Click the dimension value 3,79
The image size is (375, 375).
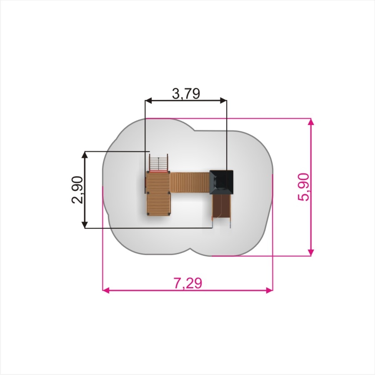[186, 93]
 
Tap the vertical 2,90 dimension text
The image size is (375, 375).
[77, 190]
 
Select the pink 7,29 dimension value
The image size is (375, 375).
[188, 283]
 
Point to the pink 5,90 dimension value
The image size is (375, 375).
[303, 187]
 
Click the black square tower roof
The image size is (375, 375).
[222, 182]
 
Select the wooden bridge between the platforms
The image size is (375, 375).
[190, 182]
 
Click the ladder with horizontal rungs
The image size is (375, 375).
[159, 163]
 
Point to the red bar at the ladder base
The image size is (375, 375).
[159, 172]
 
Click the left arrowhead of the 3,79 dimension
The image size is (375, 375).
[148, 100]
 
